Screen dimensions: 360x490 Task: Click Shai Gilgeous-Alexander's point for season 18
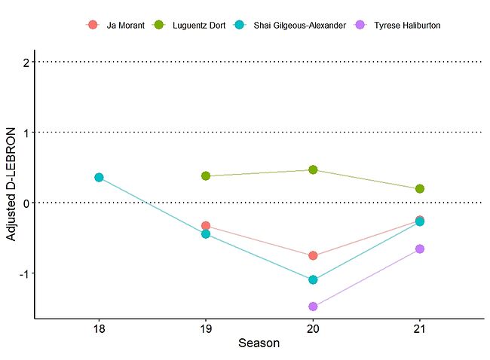[x=99, y=177]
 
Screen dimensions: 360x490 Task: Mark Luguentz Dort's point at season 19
[x=206, y=175]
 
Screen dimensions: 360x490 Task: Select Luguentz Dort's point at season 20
[x=313, y=169]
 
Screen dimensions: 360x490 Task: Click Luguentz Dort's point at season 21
[x=420, y=188]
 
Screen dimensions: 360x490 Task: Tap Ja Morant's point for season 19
[x=206, y=226]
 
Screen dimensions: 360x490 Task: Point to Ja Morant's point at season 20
[x=313, y=255]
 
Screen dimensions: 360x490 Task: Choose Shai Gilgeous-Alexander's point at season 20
[x=313, y=279]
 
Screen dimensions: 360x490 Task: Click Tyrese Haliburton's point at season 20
[x=313, y=307]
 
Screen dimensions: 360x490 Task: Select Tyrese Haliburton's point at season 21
[x=420, y=249]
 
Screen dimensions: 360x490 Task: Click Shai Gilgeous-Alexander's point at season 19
[x=206, y=233]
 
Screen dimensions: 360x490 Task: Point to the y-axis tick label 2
[x=26, y=62]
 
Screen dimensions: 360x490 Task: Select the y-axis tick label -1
[x=24, y=273]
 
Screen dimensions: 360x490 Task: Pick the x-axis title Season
[x=259, y=344]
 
